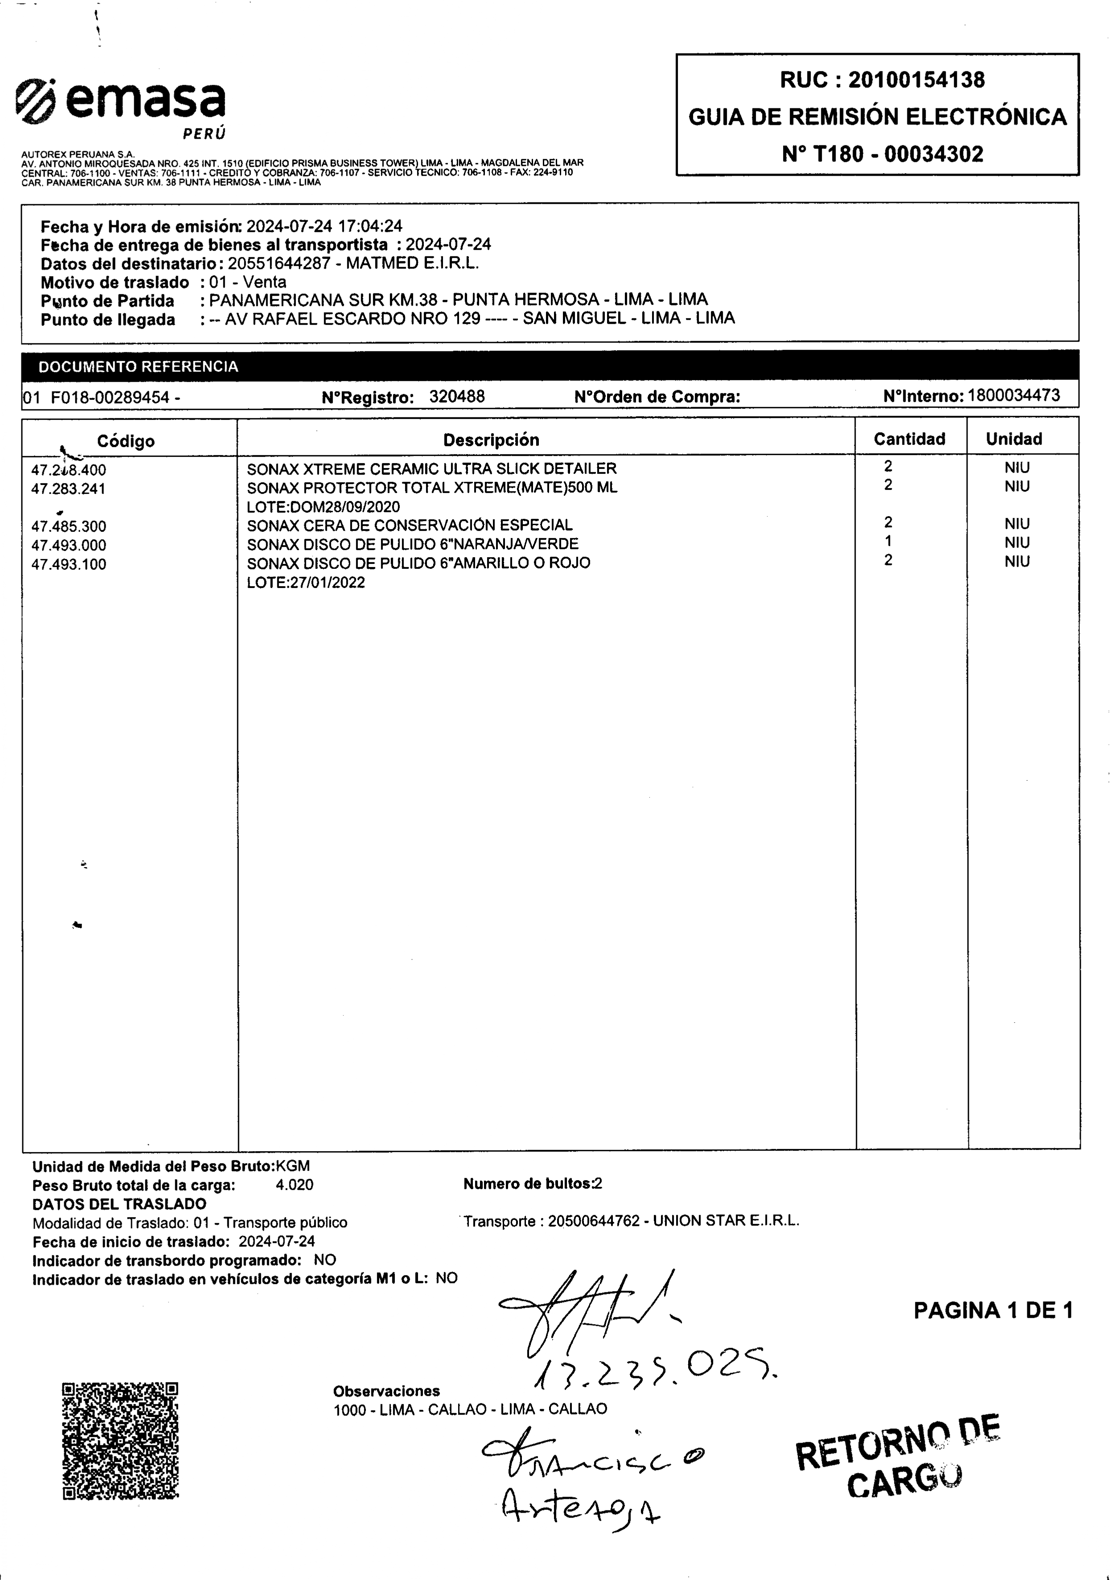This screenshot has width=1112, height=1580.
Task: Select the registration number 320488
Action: pos(457,396)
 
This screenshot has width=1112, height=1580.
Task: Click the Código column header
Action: pos(126,441)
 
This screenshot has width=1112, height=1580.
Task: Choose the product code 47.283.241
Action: pos(69,489)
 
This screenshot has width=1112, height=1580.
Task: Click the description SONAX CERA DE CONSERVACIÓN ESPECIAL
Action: pos(410,525)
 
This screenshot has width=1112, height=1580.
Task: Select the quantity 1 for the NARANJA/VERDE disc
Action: pos(888,542)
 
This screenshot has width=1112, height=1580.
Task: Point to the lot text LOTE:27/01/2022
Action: pos(306,583)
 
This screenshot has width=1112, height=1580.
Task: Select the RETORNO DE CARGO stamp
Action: pos(898,1465)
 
